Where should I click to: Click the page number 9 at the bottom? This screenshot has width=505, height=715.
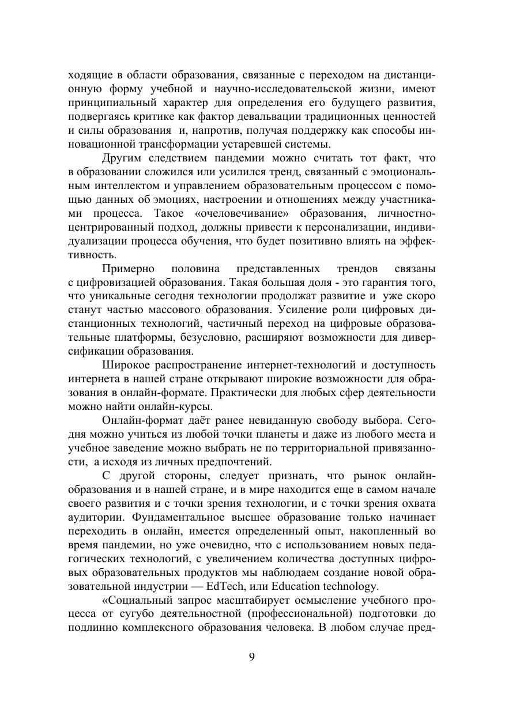click(252, 657)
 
